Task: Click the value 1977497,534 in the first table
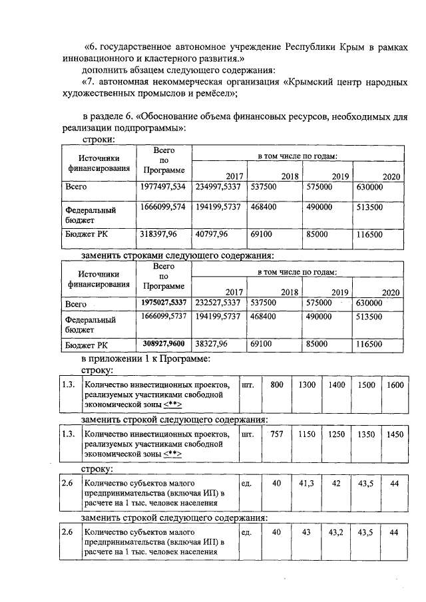click(164, 188)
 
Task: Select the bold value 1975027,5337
click(164, 303)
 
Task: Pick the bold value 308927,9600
click(164, 344)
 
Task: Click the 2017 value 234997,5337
click(218, 188)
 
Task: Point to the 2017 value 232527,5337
click(218, 303)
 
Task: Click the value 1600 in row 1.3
click(395, 384)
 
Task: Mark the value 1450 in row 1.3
click(395, 434)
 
